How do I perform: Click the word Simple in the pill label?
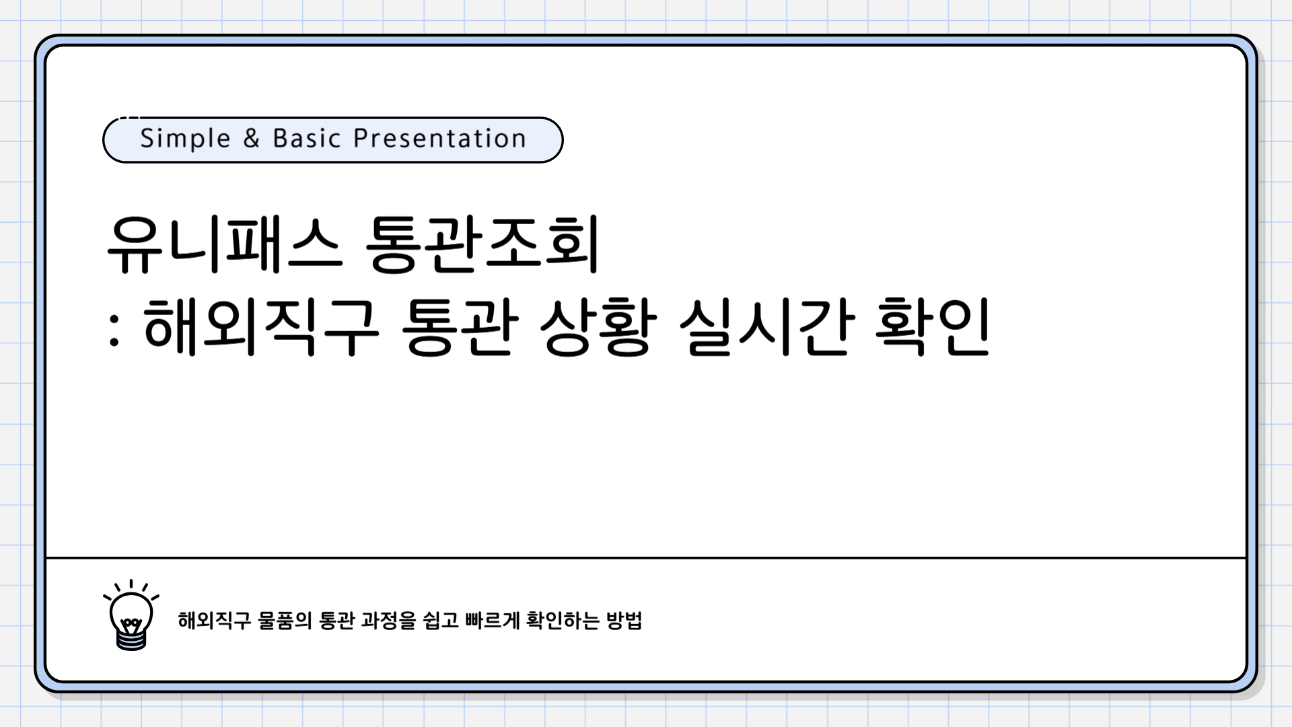(185, 139)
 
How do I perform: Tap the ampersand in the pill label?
(251, 139)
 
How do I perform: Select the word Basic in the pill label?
(307, 139)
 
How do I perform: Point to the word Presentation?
(439, 139)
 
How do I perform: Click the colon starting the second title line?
(114, 330)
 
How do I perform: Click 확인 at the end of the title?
(932, 327)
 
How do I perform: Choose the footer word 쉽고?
(441, 620)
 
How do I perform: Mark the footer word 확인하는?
(563, 620)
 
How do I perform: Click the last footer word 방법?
(624, 620)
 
